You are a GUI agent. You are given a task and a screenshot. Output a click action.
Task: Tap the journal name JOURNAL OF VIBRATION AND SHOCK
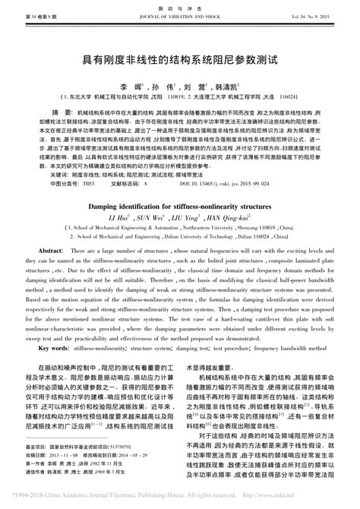tap(180, 15)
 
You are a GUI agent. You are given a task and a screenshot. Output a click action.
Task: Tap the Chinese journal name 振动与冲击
tap(180, 6)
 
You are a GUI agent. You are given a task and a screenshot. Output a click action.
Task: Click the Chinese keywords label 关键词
tap(48, 175)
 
